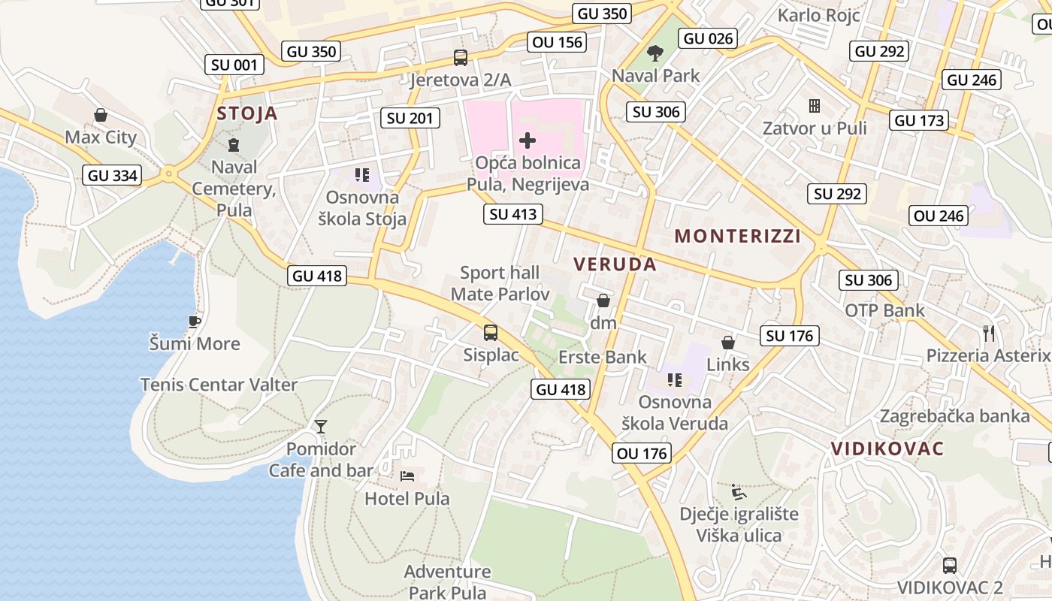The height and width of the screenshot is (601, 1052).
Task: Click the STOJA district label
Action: pos(247,113)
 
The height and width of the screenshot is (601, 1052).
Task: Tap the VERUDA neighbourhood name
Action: pos(615,264)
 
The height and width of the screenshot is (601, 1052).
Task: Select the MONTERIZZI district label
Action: pos(737,237)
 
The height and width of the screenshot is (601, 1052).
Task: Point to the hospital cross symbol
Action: pos(528,140)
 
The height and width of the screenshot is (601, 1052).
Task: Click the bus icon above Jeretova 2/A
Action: pos(460,58)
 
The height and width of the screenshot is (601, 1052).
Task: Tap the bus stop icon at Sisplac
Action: pos(491,332)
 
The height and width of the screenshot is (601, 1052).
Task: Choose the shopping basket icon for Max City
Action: pos(101,115)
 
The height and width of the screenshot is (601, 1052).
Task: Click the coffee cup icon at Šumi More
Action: pos(195,322)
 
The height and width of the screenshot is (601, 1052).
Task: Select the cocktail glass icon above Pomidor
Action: pos(321,427)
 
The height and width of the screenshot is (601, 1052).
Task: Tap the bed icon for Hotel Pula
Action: pos(407,476)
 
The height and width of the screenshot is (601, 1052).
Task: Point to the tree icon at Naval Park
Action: pos(655,53)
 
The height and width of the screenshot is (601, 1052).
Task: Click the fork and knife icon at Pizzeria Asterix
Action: pos(989,333)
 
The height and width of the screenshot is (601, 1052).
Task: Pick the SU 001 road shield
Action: pos(234,65)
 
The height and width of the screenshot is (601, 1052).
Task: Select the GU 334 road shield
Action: pos(113,176)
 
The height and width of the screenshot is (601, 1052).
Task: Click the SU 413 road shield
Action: pos(513,214)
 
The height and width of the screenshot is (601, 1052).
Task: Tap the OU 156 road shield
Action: pos(558,42)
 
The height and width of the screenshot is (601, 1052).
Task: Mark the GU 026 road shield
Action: pos(708,38)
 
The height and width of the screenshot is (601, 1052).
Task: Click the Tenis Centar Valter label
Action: pos(219,385)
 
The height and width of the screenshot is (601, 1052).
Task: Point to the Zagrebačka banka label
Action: pos(954,415)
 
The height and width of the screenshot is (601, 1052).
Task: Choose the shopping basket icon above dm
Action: pos(603,301)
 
